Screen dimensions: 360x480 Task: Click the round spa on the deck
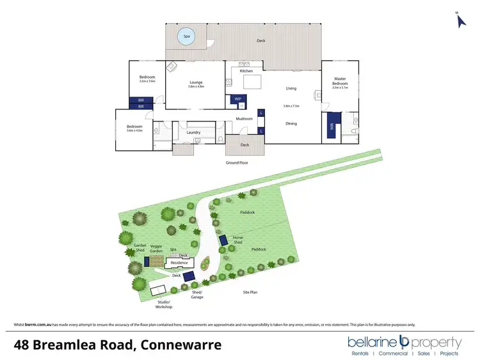coord(186,36)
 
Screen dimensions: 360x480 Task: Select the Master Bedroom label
coord(340,81)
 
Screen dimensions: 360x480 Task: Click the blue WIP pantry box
coord(237,99)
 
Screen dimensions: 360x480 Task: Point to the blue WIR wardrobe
coord(332,125)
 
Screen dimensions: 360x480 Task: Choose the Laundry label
coord(194,133)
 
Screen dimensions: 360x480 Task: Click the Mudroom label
coord(244,118)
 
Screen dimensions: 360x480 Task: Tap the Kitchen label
coord(246,71)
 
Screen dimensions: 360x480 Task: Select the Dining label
coord(291,123)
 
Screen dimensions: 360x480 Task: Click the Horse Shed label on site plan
coord(238,240)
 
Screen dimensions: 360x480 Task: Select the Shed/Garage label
coord(198,295)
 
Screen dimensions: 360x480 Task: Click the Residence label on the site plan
coord(179,262)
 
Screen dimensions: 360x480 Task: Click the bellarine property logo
coord(403,345)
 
